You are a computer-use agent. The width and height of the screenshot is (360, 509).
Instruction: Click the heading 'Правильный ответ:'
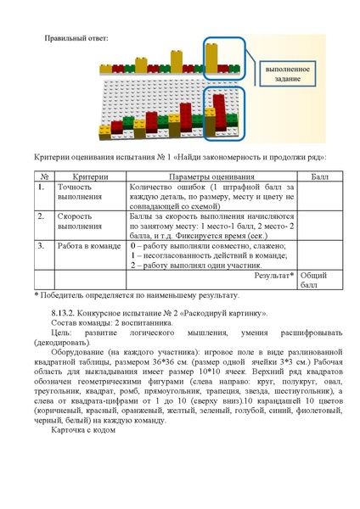[77, 37]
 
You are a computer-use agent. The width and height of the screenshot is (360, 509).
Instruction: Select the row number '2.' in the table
[41, 216]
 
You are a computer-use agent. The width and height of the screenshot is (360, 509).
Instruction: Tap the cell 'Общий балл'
[314, 281]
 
